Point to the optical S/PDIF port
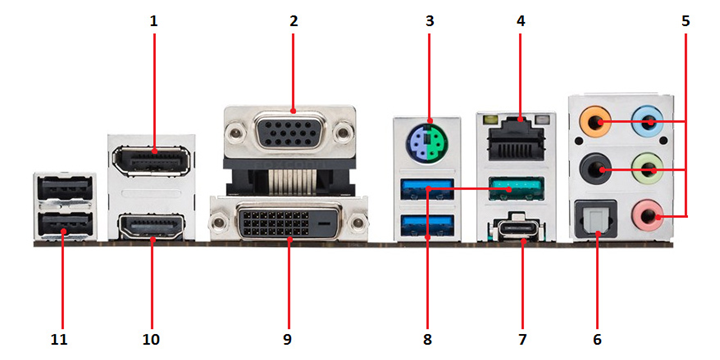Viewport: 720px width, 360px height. pos(597,219)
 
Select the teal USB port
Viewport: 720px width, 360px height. pos(516,189)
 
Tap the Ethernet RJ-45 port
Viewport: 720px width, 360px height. pos(517,138)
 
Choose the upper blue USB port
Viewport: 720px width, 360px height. pos(428,189)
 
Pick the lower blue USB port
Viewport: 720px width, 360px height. pos(428,226)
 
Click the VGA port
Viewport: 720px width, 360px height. pos(290,133)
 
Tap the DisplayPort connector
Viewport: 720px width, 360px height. pos(152,161)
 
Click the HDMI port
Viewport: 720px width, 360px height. pos(152,226)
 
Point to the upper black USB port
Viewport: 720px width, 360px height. pos(64,188)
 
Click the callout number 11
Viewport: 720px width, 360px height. pos(59,340)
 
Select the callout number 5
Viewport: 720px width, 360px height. pos(685,21)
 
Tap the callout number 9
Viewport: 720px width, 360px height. pos(287,340)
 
